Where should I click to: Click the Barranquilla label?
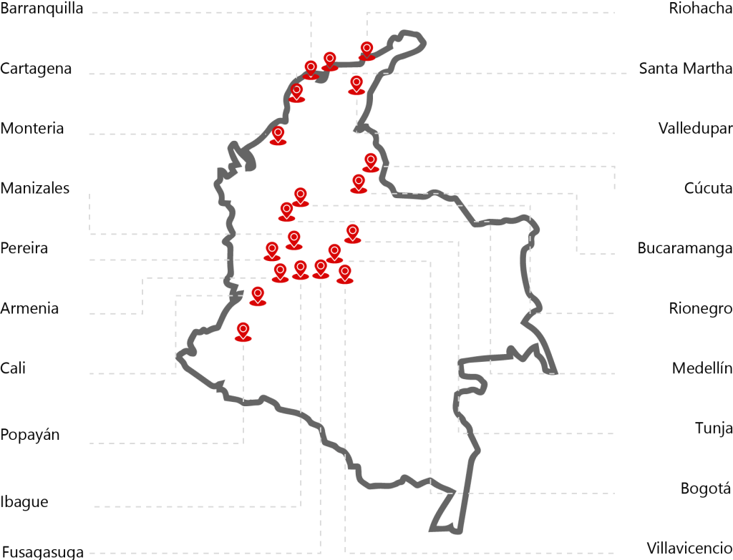(42, 9)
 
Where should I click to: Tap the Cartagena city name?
(36, 69)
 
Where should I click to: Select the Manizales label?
(35, 189)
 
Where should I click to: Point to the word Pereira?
(24, 249)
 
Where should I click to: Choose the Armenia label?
(29, 309)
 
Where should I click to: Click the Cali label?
(13, 368)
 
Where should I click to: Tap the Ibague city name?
(24, 501)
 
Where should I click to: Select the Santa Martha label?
(685, 69)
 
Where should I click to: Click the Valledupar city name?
(695, 129)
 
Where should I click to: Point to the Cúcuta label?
(708, 189)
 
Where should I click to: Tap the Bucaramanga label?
(685, 249)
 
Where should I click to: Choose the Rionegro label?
(701, 309)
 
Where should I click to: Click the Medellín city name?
(702, 368)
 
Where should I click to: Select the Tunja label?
(714, 428)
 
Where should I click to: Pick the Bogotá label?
(706, 489)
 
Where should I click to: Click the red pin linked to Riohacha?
(366, 50)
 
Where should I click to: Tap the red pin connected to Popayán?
(243, 331)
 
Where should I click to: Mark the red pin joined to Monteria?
(278, 134)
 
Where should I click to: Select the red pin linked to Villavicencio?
(344, 273)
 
